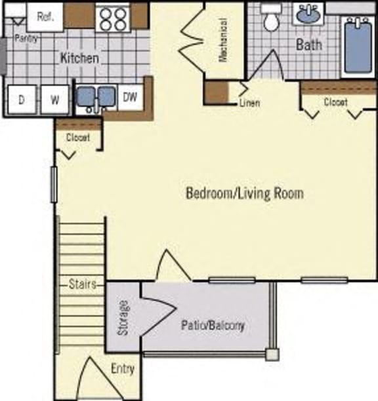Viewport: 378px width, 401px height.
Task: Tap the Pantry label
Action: (25, 39)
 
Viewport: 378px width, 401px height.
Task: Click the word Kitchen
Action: (79, 58)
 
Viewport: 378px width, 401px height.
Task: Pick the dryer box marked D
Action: (22, 100)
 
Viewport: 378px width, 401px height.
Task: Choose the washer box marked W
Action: (55, 100)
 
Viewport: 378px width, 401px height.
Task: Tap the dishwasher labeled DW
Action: (130, 98)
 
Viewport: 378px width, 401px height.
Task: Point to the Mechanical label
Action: (222, 39)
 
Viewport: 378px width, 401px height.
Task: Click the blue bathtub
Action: (357, 44)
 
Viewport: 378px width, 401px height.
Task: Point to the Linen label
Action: (249, 103)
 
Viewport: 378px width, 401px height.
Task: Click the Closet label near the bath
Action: (335, 102)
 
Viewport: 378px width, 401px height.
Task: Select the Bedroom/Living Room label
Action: (245, 194)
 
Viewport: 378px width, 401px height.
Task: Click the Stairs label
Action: (82, 284)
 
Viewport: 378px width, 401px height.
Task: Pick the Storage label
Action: (124, 318)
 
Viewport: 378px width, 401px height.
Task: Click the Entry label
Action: (122, 369)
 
